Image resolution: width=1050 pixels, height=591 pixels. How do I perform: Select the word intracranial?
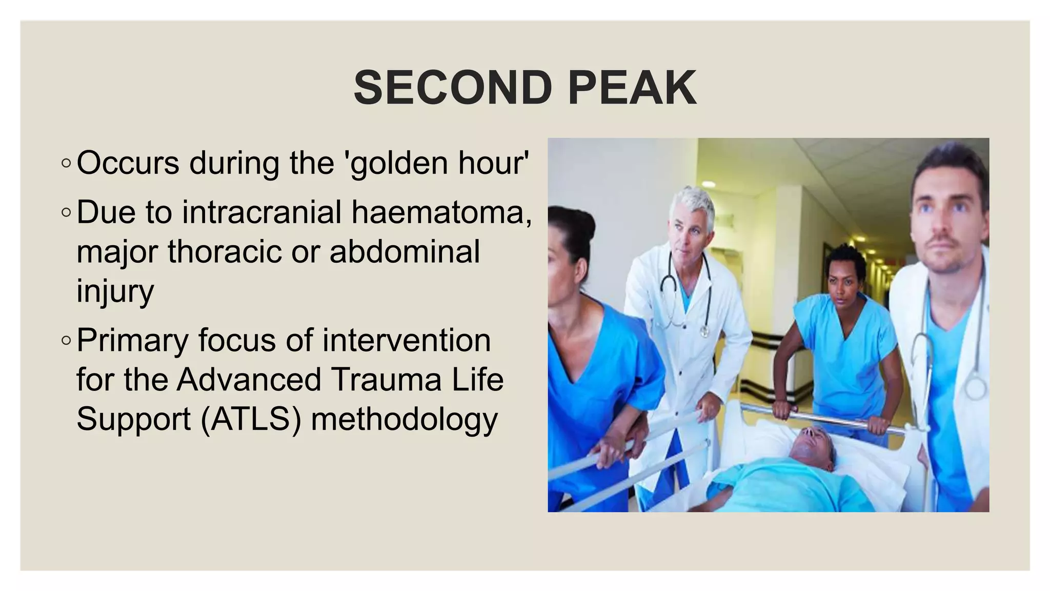click(x=261, y=212)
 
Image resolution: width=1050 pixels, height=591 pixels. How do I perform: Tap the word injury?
click(x=115, y=291)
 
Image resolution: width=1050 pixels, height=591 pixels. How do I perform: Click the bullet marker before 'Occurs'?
click(x=66, y=164)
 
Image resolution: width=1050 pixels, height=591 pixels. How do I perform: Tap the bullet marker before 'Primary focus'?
click(x=66, y=340)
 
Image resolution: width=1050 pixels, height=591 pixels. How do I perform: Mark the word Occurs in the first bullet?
click(x=128, y=163)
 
